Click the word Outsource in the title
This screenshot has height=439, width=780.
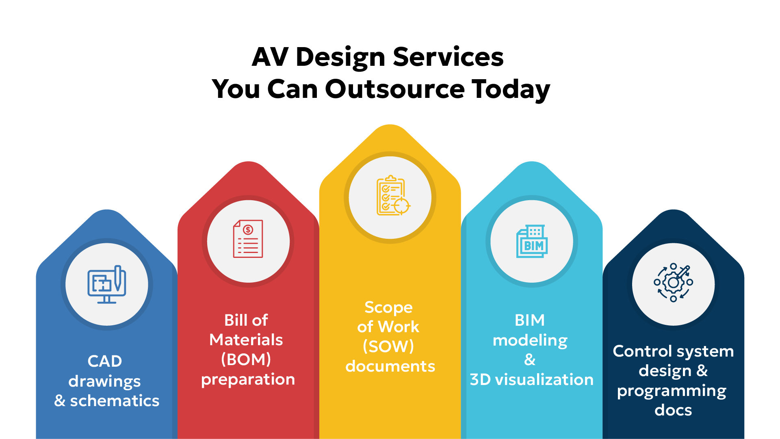click(394, 89)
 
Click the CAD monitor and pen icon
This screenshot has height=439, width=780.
click(107, 284)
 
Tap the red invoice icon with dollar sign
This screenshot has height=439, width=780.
click(248, 239)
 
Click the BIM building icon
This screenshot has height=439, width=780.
click(532, 242)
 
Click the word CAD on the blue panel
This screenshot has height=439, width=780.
click(105, 361)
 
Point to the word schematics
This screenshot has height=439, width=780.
click(115, 401)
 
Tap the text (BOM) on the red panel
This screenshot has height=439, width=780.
click(246, 359)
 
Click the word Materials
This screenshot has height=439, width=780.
click(246, 340)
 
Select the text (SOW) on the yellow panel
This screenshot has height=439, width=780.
click(388, 346)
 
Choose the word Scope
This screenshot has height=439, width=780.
click(388, 307)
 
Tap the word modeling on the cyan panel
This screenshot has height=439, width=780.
click(530, 340)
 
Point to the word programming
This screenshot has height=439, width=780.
click(672, 391)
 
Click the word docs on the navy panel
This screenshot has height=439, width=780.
click(673, 410)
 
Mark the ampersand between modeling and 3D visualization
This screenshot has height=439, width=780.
click(530, 359)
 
